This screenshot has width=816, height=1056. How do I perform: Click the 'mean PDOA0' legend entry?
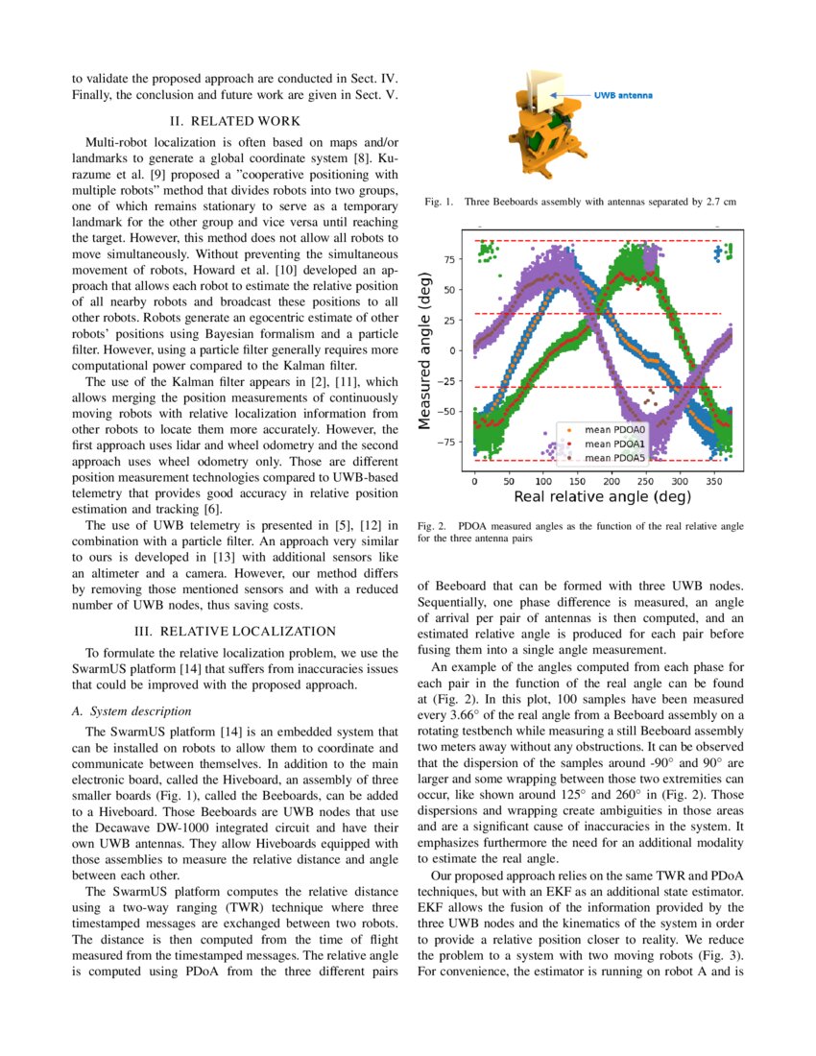tap(614, 429)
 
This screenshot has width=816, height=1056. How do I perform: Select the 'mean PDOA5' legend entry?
tap(614, 458)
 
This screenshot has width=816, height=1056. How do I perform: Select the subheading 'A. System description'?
tap(132, 711)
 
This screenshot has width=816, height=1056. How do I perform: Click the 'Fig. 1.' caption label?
tap(437, 203)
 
